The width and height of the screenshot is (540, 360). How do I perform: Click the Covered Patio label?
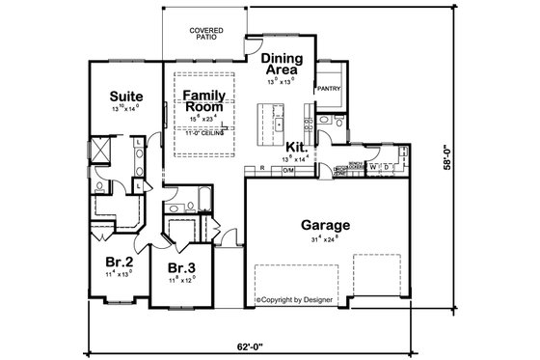pos(205,34)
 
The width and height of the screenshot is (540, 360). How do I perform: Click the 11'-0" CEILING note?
pos(203,133)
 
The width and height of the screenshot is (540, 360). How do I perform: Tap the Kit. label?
pos(295,147)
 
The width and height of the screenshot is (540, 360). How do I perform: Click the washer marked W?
pos(373,166)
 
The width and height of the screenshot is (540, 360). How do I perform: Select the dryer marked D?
pos(386,166)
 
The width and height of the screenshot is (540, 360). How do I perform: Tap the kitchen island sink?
pos(278,125)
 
